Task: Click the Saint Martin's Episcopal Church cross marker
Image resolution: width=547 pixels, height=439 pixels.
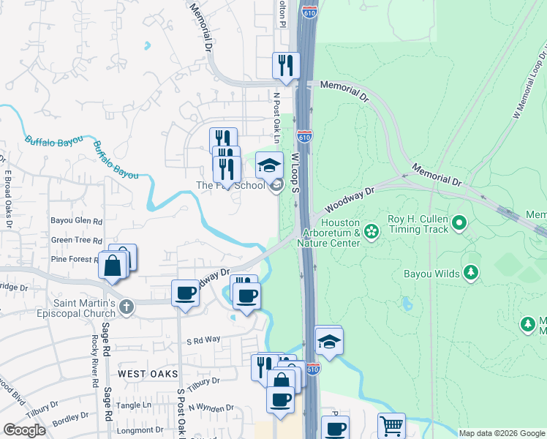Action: (127, 307)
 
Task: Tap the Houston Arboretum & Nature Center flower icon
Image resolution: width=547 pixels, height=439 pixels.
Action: (371, 233)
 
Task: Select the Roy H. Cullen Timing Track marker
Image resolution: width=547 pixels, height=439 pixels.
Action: (459, 221)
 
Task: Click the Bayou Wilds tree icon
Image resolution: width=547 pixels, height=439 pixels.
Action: (472, 274)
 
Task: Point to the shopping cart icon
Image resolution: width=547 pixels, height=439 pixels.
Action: (391, 425)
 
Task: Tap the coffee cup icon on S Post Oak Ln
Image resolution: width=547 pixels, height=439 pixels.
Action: (185, 293)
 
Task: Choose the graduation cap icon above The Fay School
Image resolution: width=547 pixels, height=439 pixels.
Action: (269, 165)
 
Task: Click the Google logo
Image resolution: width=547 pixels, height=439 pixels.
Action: (24, 429)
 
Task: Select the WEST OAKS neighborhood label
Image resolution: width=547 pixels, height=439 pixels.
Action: (148, 374)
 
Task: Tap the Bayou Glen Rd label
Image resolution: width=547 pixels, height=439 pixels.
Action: (76, 220)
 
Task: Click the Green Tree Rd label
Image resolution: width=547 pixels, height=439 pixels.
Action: (76, 240)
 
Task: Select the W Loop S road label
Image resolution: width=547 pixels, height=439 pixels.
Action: (296, 173)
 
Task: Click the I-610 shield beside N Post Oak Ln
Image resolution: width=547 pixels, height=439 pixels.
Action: (305, 137)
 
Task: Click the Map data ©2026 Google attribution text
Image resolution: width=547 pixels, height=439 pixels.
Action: (501, 433)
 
